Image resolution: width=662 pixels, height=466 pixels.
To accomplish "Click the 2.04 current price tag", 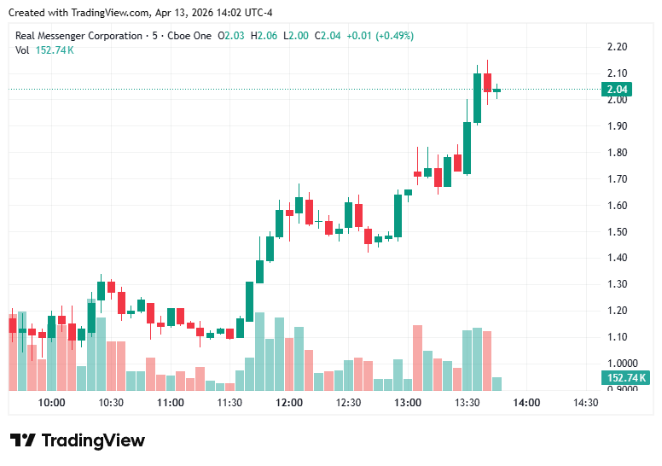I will pyautogui.click(x=616, y=90).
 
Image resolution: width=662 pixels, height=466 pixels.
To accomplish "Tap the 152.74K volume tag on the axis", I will pyautogui.click(x=626, y=377).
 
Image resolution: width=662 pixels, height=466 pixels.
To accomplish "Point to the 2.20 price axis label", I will pyautogui.click(x=617, y=47).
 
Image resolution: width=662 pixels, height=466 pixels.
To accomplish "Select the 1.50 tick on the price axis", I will pyautogui.click(x=617, y=232).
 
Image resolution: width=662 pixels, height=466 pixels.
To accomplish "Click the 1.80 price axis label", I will pyautogui.click(x=617, y=153).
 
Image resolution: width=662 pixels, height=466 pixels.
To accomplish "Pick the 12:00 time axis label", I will pyautogui.click(x=289, y=403).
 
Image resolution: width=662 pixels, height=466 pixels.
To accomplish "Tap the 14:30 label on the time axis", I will pyautogui.click(x=584, y=403).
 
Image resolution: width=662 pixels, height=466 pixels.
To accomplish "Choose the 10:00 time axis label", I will pyautogui.click(x=52, y=403).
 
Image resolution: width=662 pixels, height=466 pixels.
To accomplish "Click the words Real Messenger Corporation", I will pyautogui.click(x=78, y=36).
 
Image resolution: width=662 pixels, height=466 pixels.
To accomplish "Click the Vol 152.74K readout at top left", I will pyautogui.click(x=44, y=50).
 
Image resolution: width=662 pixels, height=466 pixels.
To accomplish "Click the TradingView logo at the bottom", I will pyautogui.click(x=78, y=440).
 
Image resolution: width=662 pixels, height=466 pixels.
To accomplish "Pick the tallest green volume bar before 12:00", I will pyautogui.click(x=259, y=351).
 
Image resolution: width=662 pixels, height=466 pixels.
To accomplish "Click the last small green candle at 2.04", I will pyautogui.click(x=496, y=90).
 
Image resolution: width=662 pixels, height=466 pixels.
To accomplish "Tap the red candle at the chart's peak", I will pyautogui.click(x=487, y=82).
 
